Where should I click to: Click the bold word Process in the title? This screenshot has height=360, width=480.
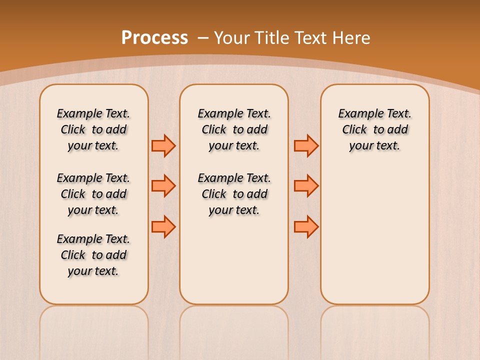[x=154, y=38]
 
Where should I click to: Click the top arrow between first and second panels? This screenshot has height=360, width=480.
[x=163, y=146]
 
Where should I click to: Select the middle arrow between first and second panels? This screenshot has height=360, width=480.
[x=163, y=186]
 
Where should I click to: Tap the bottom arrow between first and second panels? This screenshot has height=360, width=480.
[x=163, y=226]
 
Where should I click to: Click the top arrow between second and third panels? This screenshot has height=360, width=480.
[x=306, y=146]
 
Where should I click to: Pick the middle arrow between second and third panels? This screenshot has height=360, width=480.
[x=306, y=186]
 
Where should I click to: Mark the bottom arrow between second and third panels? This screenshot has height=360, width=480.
[x=306, y=226]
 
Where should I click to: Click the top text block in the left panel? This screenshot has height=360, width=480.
[x=93, y=129]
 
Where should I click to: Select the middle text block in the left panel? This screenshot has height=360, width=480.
[x=93, y=194]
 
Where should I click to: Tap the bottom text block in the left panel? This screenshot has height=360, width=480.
[x=93, y=255]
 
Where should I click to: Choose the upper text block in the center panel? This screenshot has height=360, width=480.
[x=234, y=129]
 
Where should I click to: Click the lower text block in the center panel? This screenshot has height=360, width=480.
[x=234, y=194]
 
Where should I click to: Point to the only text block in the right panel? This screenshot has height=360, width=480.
[x=375, y=129]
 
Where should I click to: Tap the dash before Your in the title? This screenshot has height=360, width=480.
[x=203, y=38]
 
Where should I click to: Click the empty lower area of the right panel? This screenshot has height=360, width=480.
[x=375, y=235]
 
